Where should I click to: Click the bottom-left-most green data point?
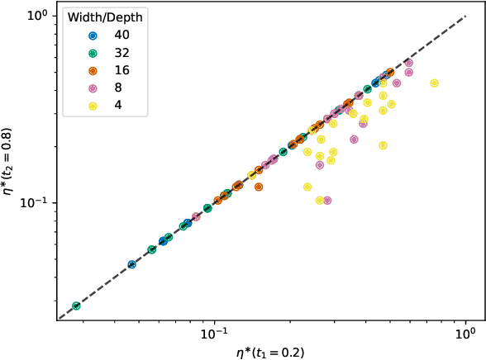coord(76,306)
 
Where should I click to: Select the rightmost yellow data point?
coord(434,83)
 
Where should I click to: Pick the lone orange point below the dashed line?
coord(259,187)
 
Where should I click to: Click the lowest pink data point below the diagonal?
coord(326,200)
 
